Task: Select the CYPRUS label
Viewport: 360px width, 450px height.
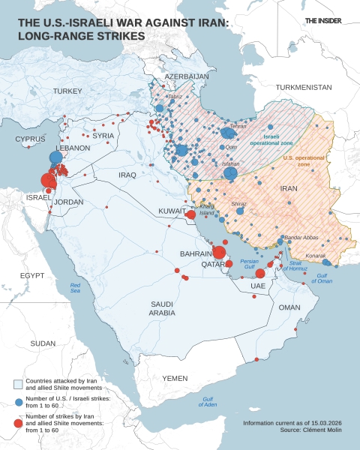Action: [x=30, y=139]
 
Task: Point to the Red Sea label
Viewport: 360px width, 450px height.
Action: [x=75, y=287]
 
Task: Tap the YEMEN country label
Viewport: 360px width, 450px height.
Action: [x=175, y=377]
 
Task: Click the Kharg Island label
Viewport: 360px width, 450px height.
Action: [x=208, y=210]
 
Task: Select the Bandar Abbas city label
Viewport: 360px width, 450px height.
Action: [x=302, y=238]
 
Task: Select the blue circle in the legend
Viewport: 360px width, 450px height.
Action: [x=19, y=402]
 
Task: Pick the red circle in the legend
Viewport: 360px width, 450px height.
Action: [x=19, y=424]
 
